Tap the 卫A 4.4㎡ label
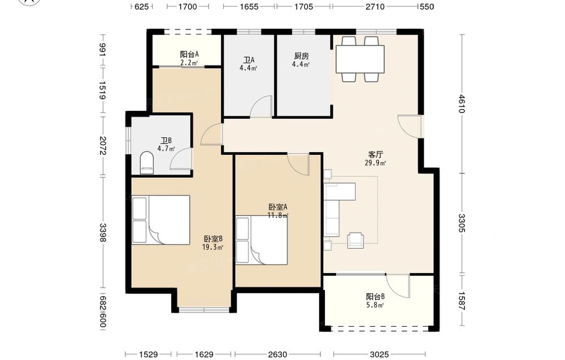(248, 64)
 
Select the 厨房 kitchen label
(301, 56)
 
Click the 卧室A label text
(278, 207)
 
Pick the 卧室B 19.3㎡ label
(213, 242)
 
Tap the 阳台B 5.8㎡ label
(375, 301)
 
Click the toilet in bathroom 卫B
(146, 163)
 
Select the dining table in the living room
(360, 59)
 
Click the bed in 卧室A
(262, 240)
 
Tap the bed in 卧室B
(160, 220)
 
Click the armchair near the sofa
(355, 240)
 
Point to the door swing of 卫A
(261, 107)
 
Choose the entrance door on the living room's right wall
(409, 126)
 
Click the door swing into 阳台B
(398, 286)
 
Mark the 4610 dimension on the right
(462, 104)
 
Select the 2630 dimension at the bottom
(277, 354)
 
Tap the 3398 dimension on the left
(103, 232)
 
